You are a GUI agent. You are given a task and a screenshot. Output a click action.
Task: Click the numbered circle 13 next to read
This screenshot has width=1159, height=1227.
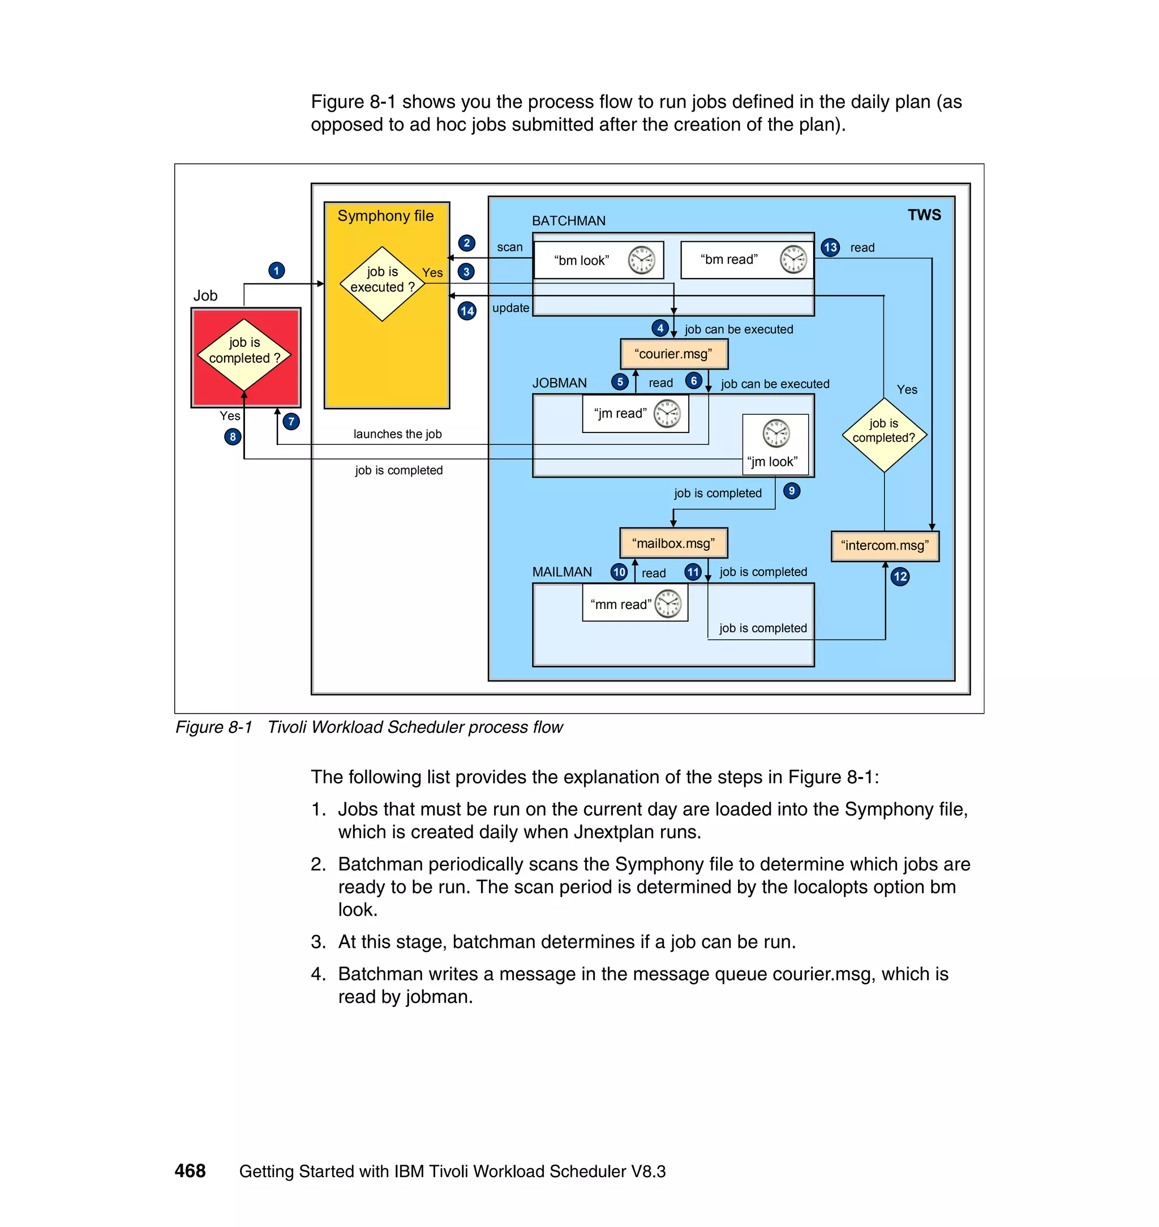(x=830, y=248)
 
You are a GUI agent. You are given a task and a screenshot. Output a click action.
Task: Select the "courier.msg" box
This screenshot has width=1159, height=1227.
(x=673, y=354)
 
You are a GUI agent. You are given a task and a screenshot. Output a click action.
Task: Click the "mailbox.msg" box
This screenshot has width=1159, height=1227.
(x=673, y=544)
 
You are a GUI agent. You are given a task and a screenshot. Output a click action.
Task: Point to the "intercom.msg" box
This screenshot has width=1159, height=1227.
(x=884, y=546)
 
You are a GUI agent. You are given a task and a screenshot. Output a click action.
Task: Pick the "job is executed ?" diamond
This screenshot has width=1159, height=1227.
(x=383, y=283)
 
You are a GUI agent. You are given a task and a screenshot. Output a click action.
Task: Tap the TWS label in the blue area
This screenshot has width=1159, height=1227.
(x=924, y=215)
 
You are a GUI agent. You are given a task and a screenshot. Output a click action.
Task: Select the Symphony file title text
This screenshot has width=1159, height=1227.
(x=385, y=216)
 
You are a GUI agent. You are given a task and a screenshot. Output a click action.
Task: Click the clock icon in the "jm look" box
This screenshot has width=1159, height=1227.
(x=776, y=432)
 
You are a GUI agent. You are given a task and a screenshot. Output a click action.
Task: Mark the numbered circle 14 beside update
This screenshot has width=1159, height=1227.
(x=467, y=311)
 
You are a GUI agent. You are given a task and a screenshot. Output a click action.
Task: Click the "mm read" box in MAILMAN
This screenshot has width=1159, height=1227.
(x=634, y=604)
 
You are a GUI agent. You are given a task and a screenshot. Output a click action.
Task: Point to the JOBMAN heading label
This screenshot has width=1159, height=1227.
(x=559, y=383)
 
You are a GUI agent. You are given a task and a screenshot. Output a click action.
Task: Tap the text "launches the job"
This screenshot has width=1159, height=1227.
(x=397, y=434)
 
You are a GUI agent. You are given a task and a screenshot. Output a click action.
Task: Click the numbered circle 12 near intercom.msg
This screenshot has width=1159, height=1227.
(x=900, y=577)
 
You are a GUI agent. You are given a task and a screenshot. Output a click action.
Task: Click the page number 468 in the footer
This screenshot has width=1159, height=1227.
(x=190, y=1171)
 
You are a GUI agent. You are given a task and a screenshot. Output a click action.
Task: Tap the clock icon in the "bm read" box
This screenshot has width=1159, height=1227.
(x=793, y=259)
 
